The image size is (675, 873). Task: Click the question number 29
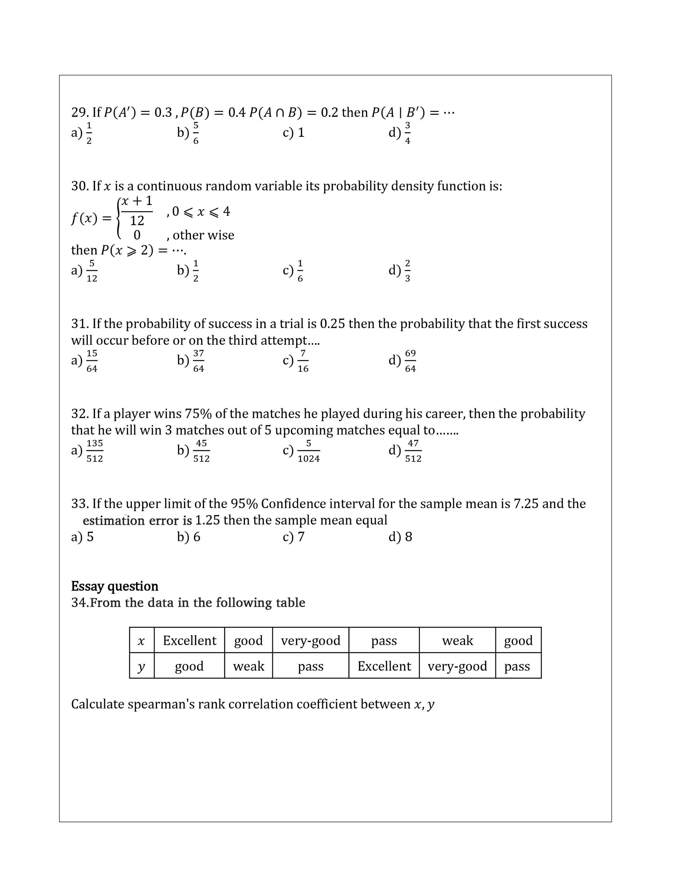point(80,113)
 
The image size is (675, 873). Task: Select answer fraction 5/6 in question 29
point(196,133)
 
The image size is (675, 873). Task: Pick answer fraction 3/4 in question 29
point(407,133)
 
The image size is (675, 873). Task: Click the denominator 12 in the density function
point(137,221)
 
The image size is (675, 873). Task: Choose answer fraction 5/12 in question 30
point(92,271)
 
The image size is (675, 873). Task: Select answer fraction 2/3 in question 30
point(407,271)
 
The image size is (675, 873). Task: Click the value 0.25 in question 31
point(332,324)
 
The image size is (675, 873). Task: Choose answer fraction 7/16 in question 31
point(303,361)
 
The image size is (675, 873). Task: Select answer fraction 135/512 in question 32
point(95,451)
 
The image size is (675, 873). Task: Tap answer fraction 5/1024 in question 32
point(308,451)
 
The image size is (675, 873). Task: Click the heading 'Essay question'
point(115,586)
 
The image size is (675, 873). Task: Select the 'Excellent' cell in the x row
point(190,641)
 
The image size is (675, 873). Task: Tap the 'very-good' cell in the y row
point(457,666)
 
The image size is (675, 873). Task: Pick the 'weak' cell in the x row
point(457,641)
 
